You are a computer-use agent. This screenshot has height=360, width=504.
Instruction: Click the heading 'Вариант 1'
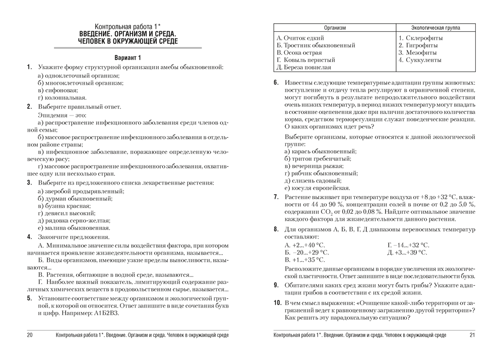(x=128, y=57)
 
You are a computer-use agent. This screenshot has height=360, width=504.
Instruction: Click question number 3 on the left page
(x=29, y=182)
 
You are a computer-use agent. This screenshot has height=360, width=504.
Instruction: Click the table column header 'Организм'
(x=335, y=28)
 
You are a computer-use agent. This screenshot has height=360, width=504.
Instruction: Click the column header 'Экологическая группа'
(x=435, y=28)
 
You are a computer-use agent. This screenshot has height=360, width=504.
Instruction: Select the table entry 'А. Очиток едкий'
(x=301, y=38)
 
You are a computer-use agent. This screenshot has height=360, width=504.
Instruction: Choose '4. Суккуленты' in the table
(x=420, y=59)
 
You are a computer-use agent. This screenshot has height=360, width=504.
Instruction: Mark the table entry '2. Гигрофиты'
(x=417, y=45)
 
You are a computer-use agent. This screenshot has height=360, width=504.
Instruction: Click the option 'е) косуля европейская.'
(x=317, y=188)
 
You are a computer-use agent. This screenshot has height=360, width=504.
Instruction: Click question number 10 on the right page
(x=277, y=303)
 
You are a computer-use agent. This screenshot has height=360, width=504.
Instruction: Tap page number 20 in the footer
(x=29, y=335)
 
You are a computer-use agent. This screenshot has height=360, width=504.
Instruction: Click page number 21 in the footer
(x=472, y=335)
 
